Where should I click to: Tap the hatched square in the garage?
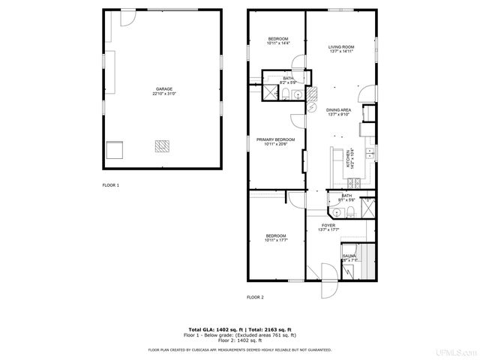pyautogui.click(x=163, y=145)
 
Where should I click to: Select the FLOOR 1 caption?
pyautogui.click(x=110, y=185)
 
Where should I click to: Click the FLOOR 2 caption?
pyautogui.click(x=255, y=297)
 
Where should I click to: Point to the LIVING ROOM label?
pyautogui.click(x=340, y=47)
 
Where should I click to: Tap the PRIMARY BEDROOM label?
pyautogui.click(x=275, y=139)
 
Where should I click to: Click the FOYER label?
pyautogui.click(x=328, y=225)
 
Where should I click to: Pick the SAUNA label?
pyautogui.click(x=349, y=256)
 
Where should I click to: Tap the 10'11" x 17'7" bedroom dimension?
pyautogui.click(x=276, y=240)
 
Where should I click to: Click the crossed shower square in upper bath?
pyautogui.click(x=268, y=92)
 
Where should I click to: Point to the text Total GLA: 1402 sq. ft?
pyautogui.click(x=212, y=329)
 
